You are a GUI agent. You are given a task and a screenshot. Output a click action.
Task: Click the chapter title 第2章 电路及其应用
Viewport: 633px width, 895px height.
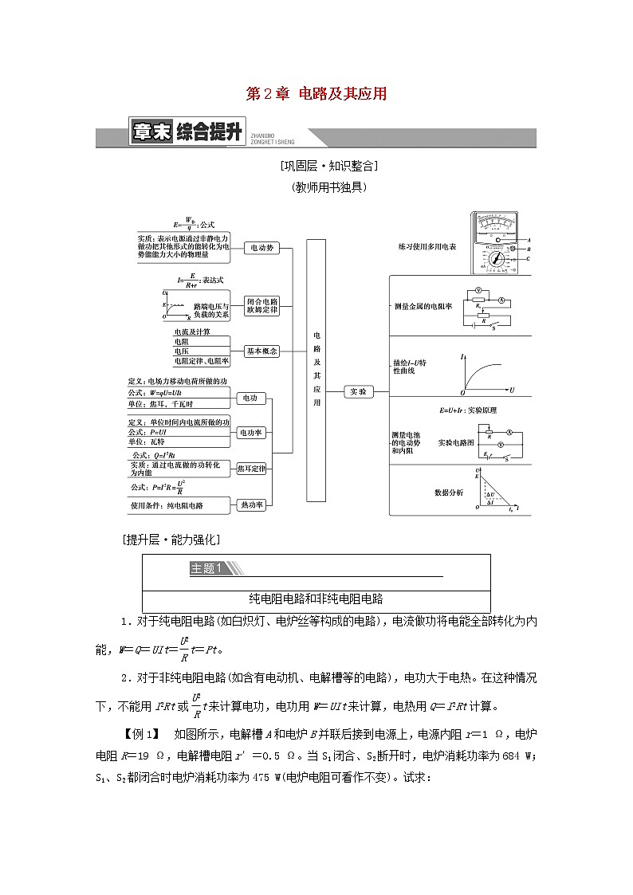[x=316, y=94]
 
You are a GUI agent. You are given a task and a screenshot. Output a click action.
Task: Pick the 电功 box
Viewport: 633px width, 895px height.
[x=250, y=398]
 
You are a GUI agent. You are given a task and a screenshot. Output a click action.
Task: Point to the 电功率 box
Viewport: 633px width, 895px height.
[x=252, y=433]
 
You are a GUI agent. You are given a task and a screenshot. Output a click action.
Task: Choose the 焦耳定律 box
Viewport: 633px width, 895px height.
[x=252, y=469]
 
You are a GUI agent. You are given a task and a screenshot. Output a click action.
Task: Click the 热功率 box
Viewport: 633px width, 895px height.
[x=252, y=504]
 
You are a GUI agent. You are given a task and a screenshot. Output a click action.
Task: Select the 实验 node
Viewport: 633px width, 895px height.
[x=359, y=392]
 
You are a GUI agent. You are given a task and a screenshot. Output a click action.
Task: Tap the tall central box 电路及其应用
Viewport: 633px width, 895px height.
[x=316, y=371]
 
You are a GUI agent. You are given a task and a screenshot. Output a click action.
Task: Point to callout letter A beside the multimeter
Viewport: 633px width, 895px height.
[x=529, y=239]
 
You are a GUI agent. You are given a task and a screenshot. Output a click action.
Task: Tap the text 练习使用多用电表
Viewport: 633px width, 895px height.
[x=427, y=248]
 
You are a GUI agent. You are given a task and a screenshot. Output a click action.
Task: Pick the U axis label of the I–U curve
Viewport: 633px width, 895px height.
[x=512, y=391]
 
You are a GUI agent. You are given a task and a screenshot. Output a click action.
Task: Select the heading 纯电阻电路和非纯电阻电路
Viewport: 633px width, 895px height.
[x=316, y=599]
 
